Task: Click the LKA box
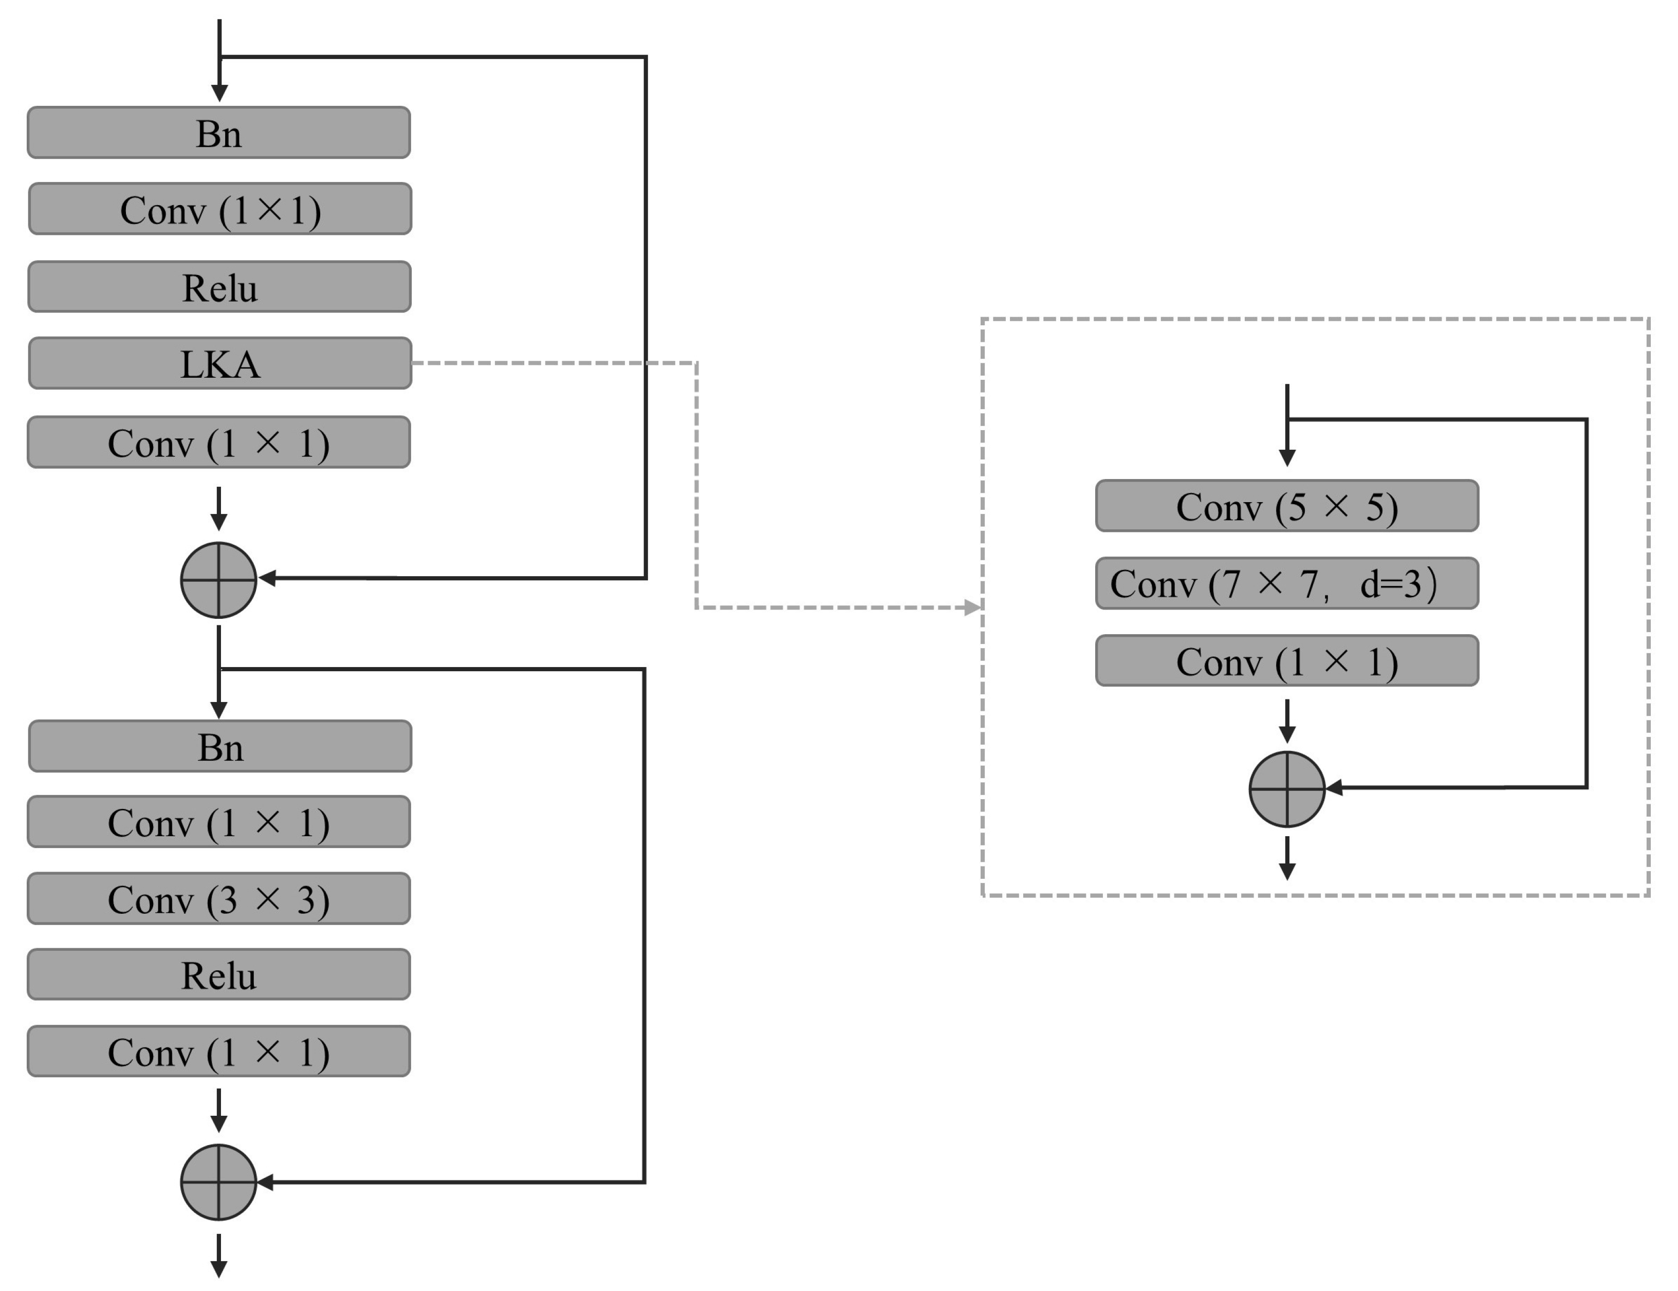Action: tap(220, 363)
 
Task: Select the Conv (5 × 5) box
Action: tap(1287, 506)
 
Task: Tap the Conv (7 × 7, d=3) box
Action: tap(1287, 584)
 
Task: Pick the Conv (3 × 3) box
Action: tap(219, 899)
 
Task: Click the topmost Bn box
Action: tap(219, 133)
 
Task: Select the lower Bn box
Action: tap(220, 747)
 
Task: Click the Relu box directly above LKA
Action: tap(220, 287)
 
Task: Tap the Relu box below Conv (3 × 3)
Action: tap(219, 975)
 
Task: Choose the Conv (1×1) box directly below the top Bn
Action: tap(220, 209)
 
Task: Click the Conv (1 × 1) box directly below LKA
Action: tap(219, 442)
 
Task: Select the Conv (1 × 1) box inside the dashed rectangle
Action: tap(1287, 661)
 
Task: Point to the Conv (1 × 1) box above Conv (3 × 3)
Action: tap(219, 822)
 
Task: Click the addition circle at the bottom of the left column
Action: tap(219, 1183)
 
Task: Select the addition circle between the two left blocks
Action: tap(219, 580)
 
